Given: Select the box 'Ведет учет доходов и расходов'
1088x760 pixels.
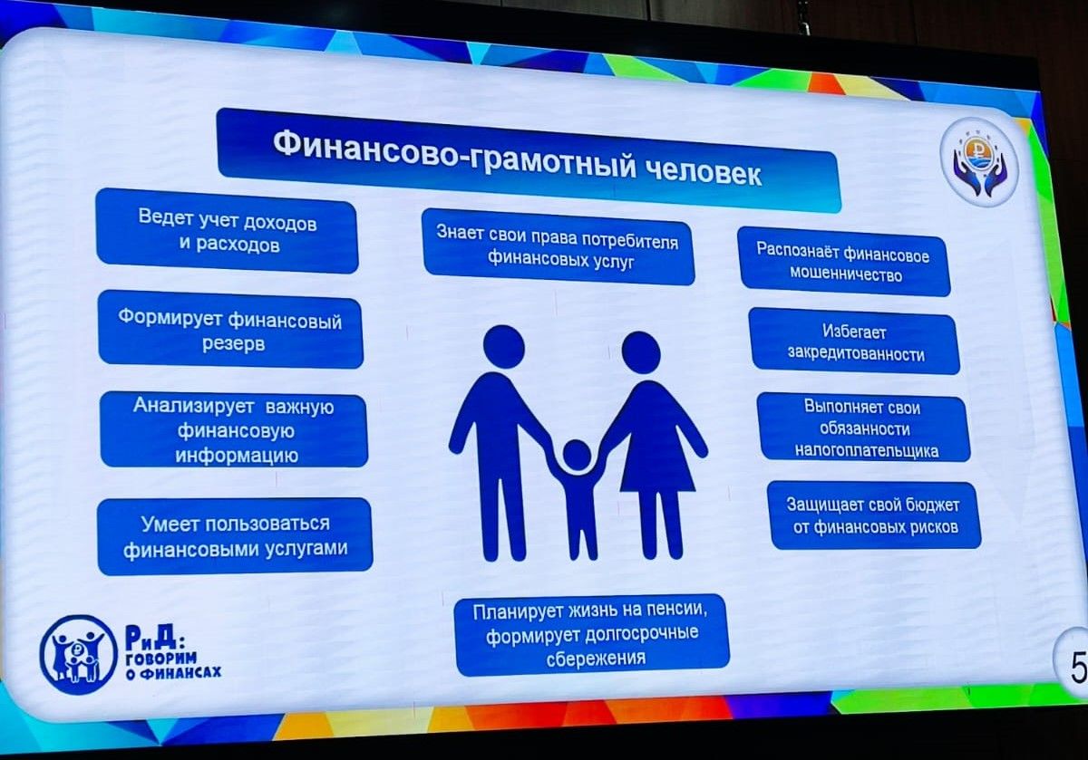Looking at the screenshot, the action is pyautogui.click(x=228, y=231).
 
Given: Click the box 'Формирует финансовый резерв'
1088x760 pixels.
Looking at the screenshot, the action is pyautogui.click(x=230, y=330).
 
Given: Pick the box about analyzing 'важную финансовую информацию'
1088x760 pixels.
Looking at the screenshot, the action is pyautogui.click(x=234, y=429).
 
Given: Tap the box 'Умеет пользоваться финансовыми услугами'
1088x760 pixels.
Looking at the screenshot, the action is pyautogui.click(x=235, y=535).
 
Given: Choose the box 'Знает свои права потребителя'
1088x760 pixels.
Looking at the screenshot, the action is pyautogui.click(x=559, y=247).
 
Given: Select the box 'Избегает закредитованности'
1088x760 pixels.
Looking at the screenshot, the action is pyautogui.click(x=854, y=342).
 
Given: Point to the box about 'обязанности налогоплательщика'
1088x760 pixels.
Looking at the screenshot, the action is pyautogui.click(x=864, y=427).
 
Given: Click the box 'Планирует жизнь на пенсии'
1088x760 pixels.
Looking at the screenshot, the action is pyautogui.click(x=591, y=634).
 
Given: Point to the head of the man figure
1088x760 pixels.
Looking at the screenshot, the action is pyautogui.click(x=504, y=347).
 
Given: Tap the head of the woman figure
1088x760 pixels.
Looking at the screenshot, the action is pyautogui.click(x=641, y=352).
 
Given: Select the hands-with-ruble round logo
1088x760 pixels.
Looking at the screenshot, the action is pyautogui.click(x=978, y=166).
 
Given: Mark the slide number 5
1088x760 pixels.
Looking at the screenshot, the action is pyautogui.click(x=1078, y=669).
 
